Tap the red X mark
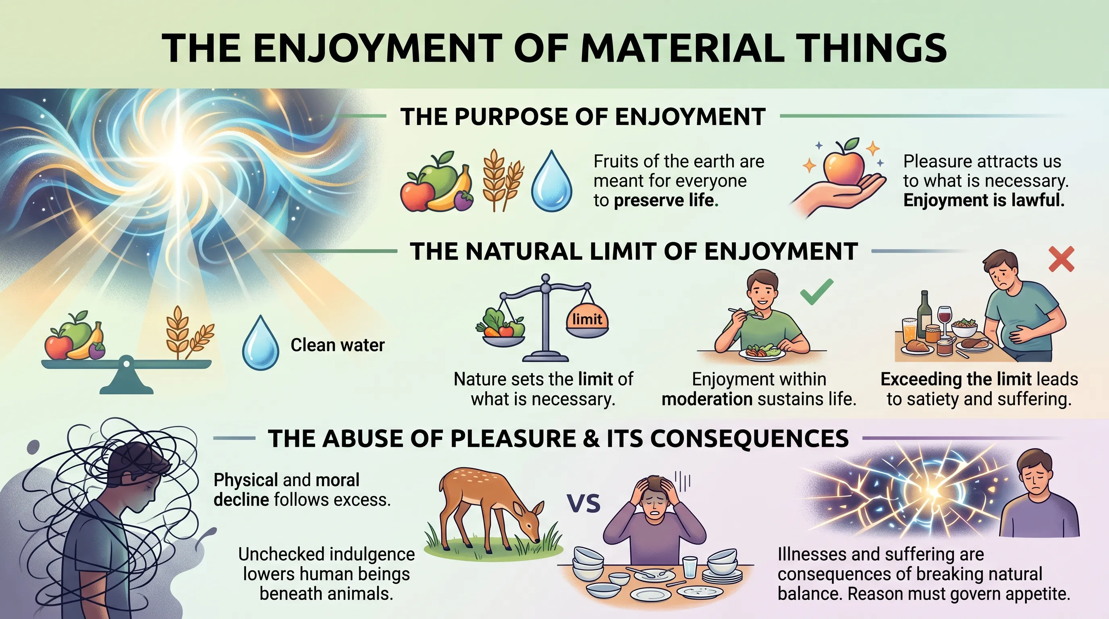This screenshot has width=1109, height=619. pos(1061,260)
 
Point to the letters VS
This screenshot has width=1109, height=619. pos(584,504)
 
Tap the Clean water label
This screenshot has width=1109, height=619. pos(337,345)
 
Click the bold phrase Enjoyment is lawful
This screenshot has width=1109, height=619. pos(983,201)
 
